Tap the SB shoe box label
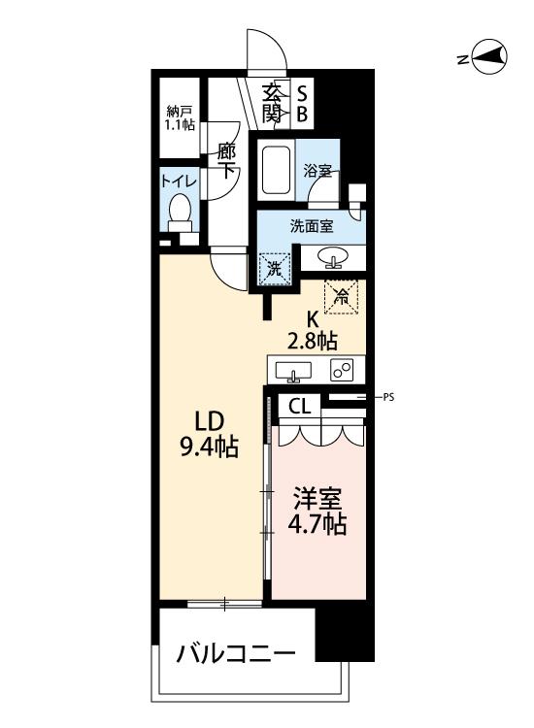click(x=302, y=104)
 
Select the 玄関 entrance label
click(x=272, y=104)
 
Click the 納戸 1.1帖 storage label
click(x=181, y=118)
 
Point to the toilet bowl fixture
click(x=180, y=214)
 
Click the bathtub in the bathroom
click(x=277, y=170)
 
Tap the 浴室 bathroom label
click(x=317, y=171)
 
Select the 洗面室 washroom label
click(x=312, y=226)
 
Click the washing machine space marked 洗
click(x=275, y=269)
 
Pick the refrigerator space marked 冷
click(x=342, y=297)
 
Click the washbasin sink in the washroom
click(x=333, y=257)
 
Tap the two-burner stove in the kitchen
click(x=342, y=370)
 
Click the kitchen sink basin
click(x=293, y=372)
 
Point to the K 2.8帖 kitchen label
click(x=313, y=331)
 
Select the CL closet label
click(x=299, y=407)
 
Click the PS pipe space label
click(x=388, y=397)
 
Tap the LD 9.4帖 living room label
click(x=210, y=435)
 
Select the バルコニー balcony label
click(x=235, y=654)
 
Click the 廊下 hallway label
click(x=226, y=161)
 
